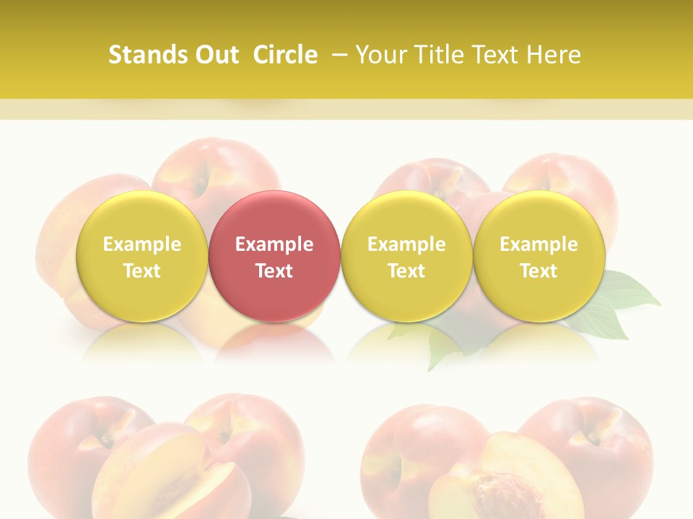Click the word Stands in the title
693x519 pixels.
click(147, 55)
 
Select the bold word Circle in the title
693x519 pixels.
click(285, 55)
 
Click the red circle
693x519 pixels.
click(274, 257)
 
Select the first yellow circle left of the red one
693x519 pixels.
click(141, 257)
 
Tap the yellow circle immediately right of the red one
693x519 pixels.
click(406, 257)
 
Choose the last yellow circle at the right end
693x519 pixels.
click(539, 257)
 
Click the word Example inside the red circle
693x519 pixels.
click(274, 244)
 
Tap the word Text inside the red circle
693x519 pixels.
click(274, 271)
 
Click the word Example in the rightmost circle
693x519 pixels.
click(539, 244)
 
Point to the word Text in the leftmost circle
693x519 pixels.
click(141, 271)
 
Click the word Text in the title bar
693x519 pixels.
click(494, 55)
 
